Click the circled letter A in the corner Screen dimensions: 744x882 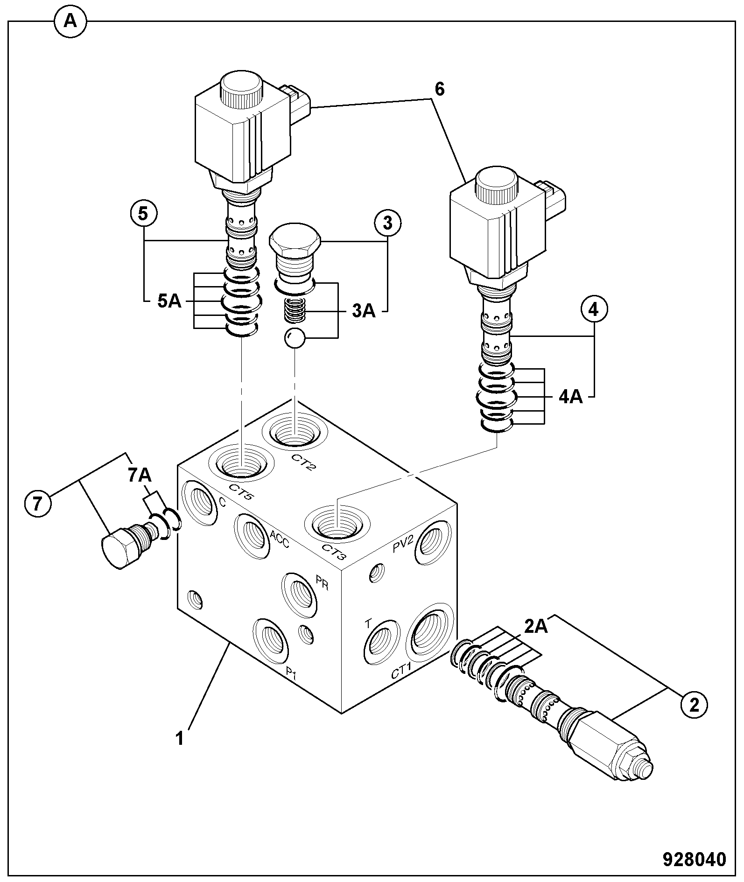[x=70, y=21]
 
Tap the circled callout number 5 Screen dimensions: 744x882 [x=143, y=214]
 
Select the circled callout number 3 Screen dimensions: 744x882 [x=387, y=223]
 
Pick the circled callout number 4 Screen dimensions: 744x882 [x=594, y=309]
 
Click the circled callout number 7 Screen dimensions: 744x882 [x=38, y=504]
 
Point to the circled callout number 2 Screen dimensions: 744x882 [x=694, y=705]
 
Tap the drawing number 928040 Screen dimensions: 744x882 [x=695, y=860]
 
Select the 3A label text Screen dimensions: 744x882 [x=364, y=310]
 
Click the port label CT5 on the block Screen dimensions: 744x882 [x=241, y=492]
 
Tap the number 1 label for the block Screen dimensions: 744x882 [x=180, y=738]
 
